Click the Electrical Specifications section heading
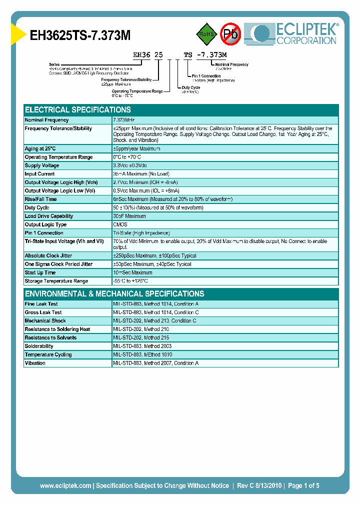point(78,109)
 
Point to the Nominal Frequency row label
point(47,120)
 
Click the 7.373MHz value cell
point(124,120)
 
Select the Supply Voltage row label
point(42,165)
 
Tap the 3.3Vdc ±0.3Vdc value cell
point(130,165)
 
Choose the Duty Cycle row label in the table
point(37,207)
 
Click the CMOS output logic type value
point(120,224)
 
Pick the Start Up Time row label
point(40,272)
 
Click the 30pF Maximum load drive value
point(129,216)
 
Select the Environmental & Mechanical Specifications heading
point(114,293)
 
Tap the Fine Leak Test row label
point(41,304)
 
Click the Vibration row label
point(35,363)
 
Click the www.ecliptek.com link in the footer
point(65,485)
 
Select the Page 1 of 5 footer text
point(303,485)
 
